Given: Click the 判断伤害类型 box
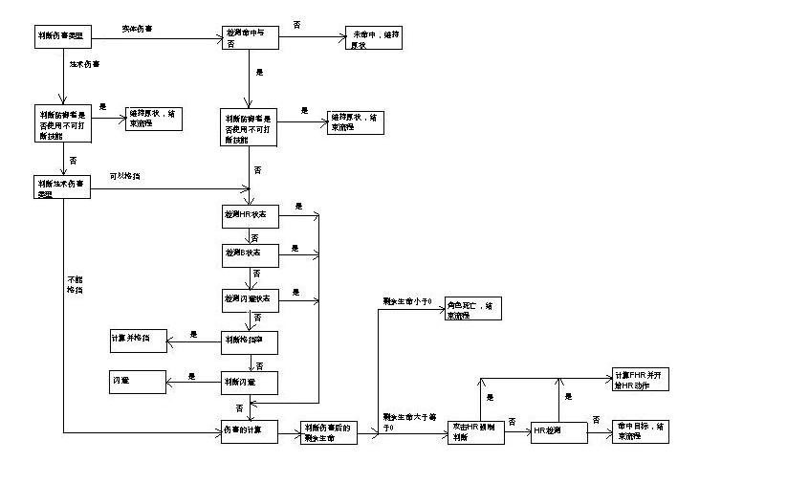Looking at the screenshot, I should coord(63,37).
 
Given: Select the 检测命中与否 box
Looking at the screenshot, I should coord(250,38).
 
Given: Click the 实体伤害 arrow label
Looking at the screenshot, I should coord(140,28).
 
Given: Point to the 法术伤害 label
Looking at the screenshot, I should coord(85,65).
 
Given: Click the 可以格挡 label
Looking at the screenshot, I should coord(126,175).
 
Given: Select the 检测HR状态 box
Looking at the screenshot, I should coord(250,217).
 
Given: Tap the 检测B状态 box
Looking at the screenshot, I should coord(250,255).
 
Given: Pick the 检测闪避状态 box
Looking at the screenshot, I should coord(250,298).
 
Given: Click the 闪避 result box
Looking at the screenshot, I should coord(139,381).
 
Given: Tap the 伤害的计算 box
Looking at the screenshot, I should coord(250,431).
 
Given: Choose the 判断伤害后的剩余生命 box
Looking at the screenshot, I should coord(329,432).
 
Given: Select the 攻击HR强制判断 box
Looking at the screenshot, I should coord(475,431).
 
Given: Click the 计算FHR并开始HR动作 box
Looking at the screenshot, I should coord(641,378).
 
